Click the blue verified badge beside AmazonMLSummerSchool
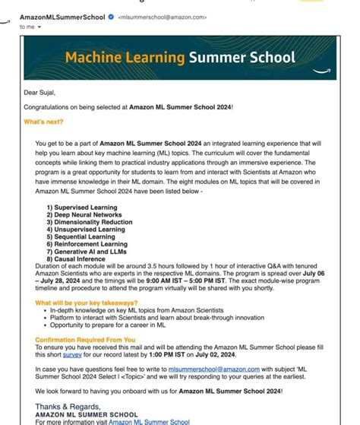tap(110, 16)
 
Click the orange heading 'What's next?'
tap(45, 122)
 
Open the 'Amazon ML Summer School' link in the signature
tap(149, 421)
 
